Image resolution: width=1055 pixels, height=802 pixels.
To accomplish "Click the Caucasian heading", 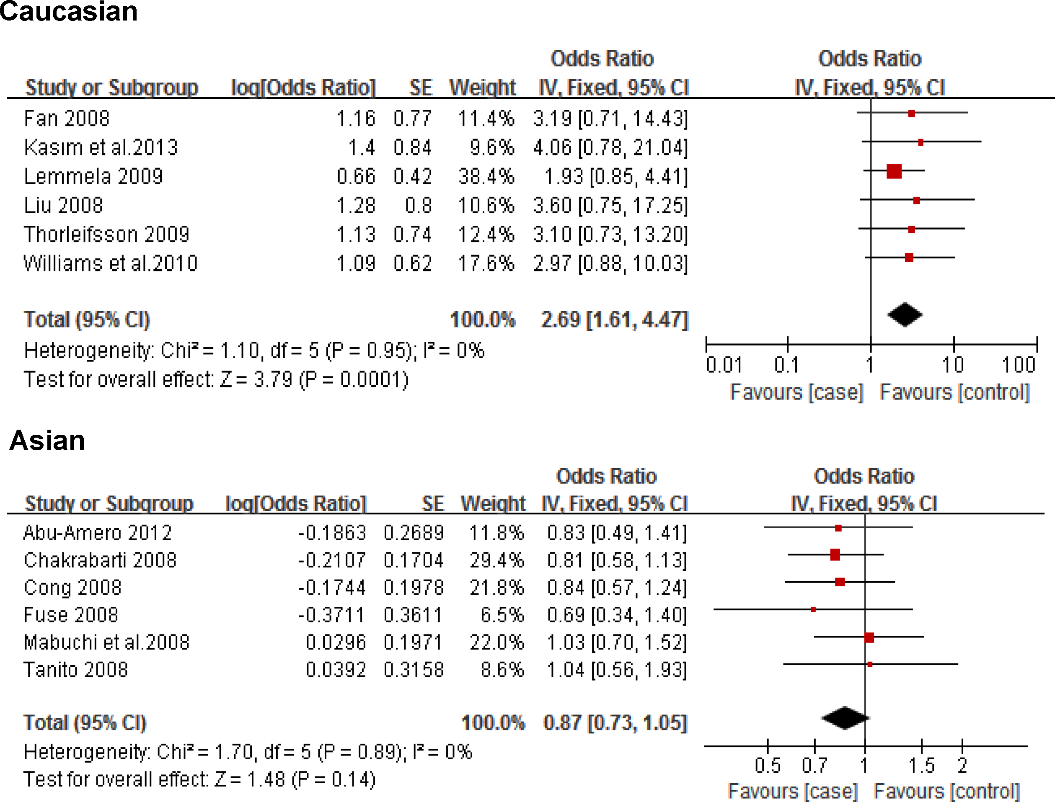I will point(68,11).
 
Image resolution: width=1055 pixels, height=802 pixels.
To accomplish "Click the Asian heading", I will point(47,440).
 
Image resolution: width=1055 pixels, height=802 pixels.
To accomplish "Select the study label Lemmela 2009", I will point(93,177).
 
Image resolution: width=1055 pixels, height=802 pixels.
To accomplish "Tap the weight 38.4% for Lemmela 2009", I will point(486,177).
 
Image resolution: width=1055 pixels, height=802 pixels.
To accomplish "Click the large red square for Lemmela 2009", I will point(894,171).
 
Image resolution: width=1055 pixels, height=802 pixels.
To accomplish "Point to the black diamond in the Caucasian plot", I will point(905,315).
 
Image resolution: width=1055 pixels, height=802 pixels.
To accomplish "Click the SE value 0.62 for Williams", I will point(413,263).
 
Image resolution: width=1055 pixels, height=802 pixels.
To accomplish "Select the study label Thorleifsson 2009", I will point(106,235).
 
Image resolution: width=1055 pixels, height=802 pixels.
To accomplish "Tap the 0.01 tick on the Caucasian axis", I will point(724,365).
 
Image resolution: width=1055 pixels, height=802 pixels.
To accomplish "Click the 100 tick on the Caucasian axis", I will point(1019,365).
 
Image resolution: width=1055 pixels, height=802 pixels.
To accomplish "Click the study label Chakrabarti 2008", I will point(100,560).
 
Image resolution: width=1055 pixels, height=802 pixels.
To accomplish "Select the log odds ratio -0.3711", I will point(331,615).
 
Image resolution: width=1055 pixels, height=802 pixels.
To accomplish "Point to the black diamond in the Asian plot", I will point(845,717).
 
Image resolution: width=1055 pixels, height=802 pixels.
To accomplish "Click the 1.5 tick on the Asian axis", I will point(921,766).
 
